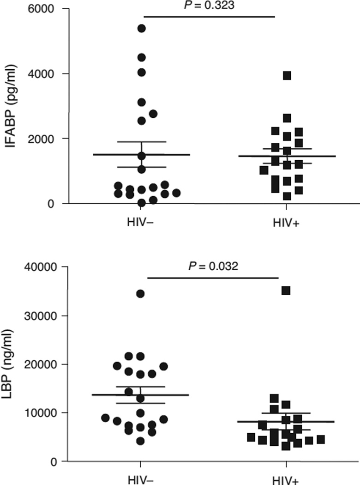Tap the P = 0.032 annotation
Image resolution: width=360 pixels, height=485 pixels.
214,267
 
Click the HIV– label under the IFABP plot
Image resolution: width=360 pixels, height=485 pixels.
140,223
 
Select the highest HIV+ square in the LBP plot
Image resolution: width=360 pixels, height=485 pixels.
286,291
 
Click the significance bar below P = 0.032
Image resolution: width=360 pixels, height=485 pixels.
213,278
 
